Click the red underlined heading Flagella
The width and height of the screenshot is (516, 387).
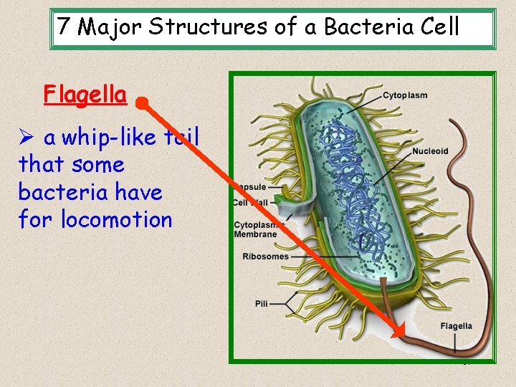(85, 95)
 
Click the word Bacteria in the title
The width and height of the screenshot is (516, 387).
(368, 27)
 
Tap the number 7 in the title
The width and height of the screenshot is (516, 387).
(64, 27)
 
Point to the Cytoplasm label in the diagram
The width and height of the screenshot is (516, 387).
(405, 95)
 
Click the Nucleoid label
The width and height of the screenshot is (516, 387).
(430, 151)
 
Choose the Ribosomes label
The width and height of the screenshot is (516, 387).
(265, 257)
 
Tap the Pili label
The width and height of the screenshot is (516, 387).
(262, 304)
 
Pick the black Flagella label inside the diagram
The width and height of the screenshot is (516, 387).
(456, 326)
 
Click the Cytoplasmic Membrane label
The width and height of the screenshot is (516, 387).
(255, 229)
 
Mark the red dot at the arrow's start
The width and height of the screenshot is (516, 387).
(143, 105)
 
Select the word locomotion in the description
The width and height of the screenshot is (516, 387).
(117, 219)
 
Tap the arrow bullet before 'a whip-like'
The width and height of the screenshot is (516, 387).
(27, 137)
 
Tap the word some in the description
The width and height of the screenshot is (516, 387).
(98, 165)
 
